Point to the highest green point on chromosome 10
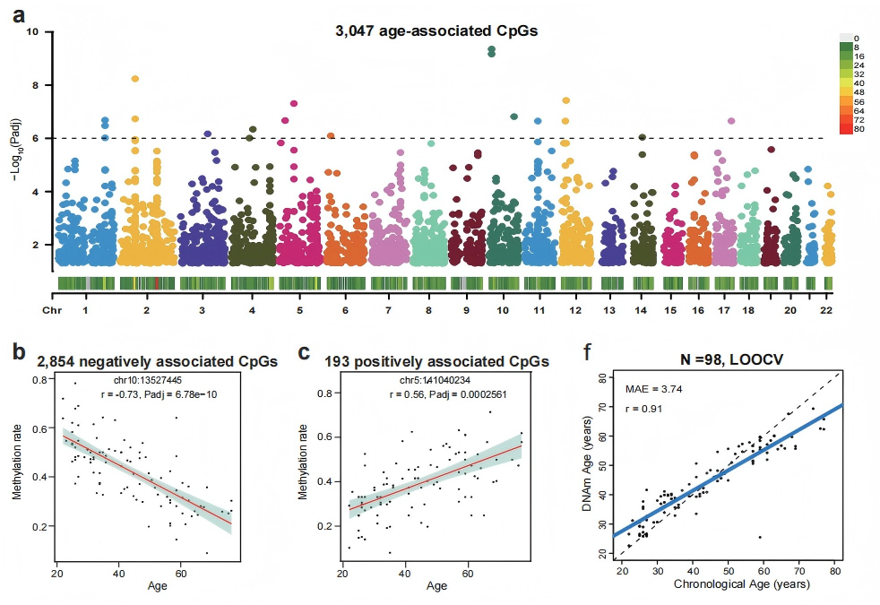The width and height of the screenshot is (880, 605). pos(491,48)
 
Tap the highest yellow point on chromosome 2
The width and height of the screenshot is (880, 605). pos(135,79)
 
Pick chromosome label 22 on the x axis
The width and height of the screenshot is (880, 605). pos(827,309)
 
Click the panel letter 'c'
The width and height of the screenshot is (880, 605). pos(304,352)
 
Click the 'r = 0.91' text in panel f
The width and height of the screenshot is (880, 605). pos(639,408)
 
